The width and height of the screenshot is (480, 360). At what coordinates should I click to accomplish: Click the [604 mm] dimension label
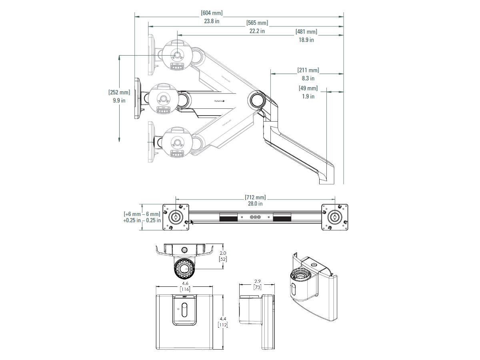click(212, 13)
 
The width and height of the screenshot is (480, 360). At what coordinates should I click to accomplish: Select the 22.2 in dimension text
click(257, 31)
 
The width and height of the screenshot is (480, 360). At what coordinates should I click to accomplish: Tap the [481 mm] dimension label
click(306, 32)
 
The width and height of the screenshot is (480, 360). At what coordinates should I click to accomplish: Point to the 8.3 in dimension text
click(308, 78)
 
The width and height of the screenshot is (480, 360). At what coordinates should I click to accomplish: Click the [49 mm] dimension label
click(308, 88)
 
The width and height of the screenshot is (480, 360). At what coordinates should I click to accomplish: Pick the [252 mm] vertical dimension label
click(119, 92)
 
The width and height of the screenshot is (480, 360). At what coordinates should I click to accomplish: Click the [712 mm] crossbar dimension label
click(255, 197)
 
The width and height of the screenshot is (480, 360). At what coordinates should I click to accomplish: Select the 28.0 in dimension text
click(255, 204)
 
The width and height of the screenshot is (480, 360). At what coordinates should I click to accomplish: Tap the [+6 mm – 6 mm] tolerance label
click(142, 214)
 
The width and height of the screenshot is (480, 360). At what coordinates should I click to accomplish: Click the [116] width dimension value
click(184, 289)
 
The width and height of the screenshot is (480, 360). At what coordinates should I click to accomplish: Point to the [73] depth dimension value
click(257, 287)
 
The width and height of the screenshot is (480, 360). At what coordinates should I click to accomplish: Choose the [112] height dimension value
click(222, 325)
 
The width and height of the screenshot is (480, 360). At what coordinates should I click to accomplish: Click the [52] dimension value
click(222, 259)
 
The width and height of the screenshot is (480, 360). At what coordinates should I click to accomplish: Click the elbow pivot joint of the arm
click(256, 100)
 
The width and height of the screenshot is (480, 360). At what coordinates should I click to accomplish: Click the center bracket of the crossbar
click(255, 217)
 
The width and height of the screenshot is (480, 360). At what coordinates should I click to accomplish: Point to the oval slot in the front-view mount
click(184, 310)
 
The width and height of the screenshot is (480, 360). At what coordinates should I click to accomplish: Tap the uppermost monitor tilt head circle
click(176, 54)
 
